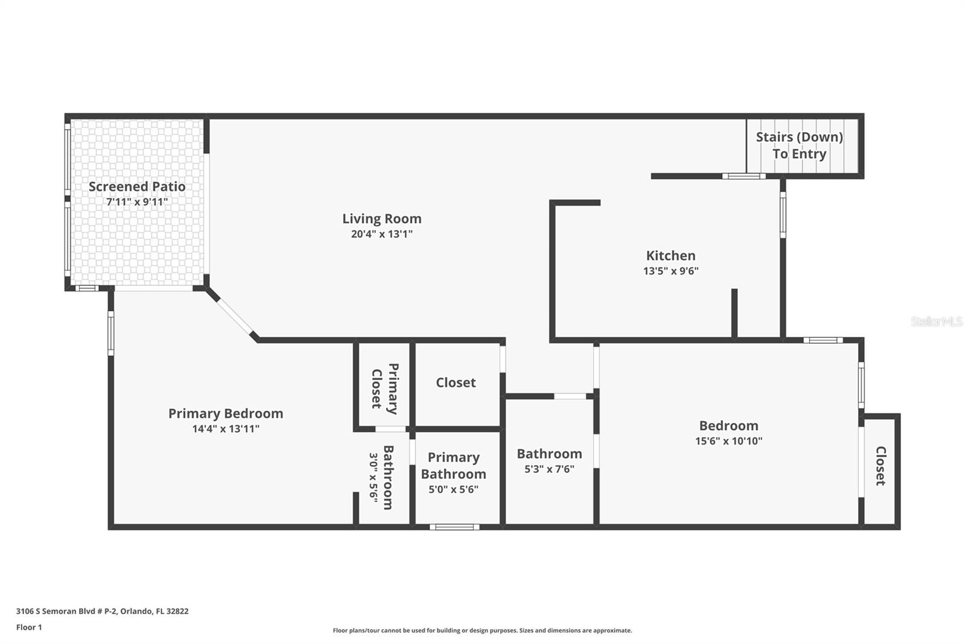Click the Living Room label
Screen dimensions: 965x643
[382, 218]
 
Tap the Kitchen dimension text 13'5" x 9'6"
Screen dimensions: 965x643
[671, 271]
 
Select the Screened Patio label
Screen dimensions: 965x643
[137, 186]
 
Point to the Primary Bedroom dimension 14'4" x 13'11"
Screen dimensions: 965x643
[226, 429]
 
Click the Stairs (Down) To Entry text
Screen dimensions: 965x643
[800, 145]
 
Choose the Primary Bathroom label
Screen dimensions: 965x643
[454, 466]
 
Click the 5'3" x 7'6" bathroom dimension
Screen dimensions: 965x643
[549, 469]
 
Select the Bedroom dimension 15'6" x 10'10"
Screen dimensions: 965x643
[729, 441]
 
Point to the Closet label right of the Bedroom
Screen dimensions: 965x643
[881, 466]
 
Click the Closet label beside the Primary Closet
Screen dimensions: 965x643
[456, 382]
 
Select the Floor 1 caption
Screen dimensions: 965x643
[29, 627]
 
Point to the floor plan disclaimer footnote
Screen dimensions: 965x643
[482, 630]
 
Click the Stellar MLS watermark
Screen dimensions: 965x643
[937, 321]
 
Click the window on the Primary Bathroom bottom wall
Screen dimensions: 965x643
[455, 527]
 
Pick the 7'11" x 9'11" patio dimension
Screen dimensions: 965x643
[137, 201]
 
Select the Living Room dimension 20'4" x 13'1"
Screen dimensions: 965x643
[382, 234]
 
